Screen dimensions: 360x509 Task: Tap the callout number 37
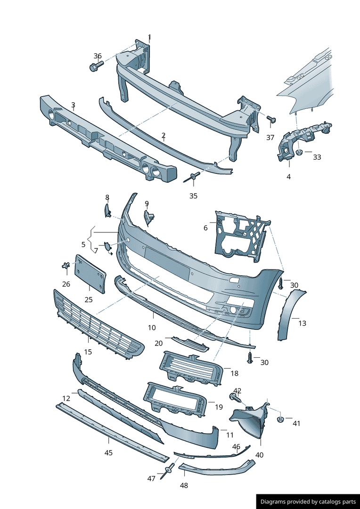(x=270, y=138)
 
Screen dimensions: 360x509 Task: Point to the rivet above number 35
(x=191, y=178)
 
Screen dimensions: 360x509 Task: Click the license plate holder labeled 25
(x=90, y=274)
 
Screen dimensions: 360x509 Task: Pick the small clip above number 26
(x=66, y=265)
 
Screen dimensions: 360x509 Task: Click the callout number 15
(x=88, y=352)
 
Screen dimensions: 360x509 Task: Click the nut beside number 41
(x=279, y=419)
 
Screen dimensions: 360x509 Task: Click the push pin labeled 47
(x=168, y=471)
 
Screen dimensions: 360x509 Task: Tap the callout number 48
(x=184, y=486)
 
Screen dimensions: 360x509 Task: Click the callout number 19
(x=219, y=407)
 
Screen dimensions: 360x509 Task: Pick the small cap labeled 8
(x=107, y=210)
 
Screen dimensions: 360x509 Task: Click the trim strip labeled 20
(x=190, y=344)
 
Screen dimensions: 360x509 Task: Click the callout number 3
(x=74, y=105)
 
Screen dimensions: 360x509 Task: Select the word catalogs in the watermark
(x=327, y=501)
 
